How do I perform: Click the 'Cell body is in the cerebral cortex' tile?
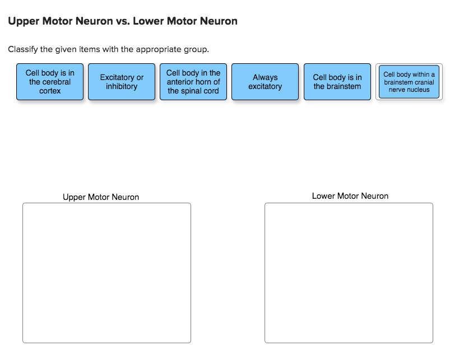point(50,82)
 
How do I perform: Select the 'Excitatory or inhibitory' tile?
point(122,82)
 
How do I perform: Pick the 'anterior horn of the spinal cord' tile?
point(193,82)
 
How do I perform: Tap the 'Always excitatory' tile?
point(265,82)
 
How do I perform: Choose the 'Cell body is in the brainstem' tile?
point(337,82)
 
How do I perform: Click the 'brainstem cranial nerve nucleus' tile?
point(409,82)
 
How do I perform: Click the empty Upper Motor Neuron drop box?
point(106,273)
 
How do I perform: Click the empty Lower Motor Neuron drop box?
point(349,273)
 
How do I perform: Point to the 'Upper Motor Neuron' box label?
point(101,197)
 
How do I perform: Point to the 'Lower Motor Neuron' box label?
point(350,196)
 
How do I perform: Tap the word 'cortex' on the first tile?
point(50,91)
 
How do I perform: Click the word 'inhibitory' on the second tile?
point(122,86)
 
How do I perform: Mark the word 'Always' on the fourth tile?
point(265,77)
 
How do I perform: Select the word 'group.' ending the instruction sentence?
point(196,49)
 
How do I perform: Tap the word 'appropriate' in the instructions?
point(159,49)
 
